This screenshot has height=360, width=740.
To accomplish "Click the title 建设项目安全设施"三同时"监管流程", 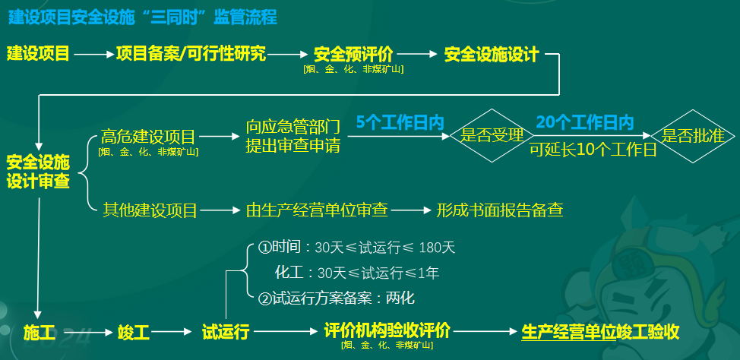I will (x=142, y=17).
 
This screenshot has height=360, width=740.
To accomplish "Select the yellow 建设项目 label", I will (x=39, y=54).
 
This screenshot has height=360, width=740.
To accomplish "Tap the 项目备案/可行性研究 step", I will (x=191, y=54).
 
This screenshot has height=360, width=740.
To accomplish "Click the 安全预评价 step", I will (x=353, y=54).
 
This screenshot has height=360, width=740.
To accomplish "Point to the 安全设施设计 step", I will (x=492, y=54).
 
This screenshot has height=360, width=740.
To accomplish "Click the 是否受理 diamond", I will (x=487, y=136).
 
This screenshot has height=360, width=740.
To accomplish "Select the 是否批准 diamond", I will (x=693, y=136).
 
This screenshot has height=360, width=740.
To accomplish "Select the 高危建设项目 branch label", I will (x=148, y=137).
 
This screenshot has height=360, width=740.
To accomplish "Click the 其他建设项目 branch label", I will (x=150, y=210).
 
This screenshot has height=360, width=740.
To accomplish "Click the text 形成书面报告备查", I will (x=500, y=210).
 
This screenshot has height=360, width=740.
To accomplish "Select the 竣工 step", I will (x=134, y=332).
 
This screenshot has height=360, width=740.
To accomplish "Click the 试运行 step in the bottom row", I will (x=226, y=332).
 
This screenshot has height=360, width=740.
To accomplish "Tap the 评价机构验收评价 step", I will (x=387, y=331).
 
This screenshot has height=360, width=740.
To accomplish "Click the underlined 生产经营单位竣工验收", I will (x=599, y=332).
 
